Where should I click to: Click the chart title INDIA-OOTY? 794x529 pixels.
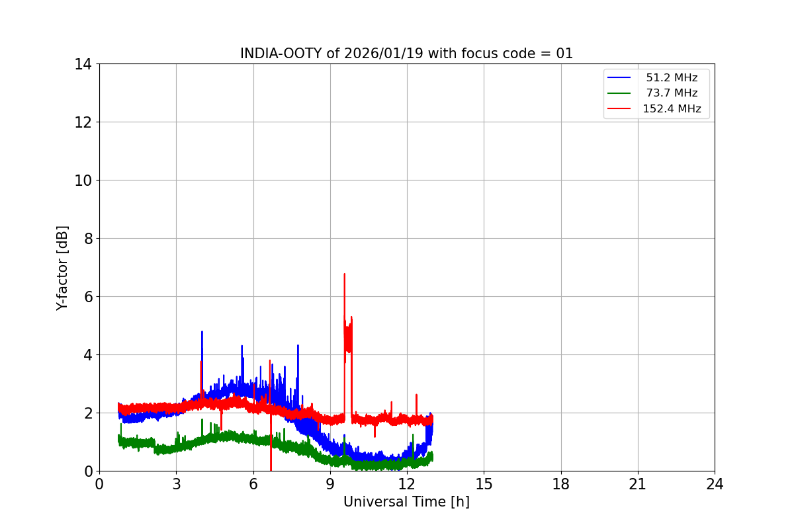click(406, 54)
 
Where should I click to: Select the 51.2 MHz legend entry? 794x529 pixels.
click(672, 78)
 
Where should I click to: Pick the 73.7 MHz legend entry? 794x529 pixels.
click(672, 93)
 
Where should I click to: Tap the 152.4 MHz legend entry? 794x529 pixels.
click(672, 108)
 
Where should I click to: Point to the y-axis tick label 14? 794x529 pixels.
click(83, 64)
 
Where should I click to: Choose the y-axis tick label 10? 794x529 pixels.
click(83, 181)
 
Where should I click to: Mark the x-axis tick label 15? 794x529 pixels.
click(484, 484)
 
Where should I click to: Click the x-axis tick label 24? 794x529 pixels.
click(715, 484)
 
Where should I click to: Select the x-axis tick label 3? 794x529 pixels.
click(176, 484)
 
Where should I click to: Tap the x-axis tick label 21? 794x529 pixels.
click(638, 484)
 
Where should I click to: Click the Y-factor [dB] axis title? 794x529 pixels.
click(62, 268)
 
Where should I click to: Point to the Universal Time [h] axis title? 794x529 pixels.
click(406, 502)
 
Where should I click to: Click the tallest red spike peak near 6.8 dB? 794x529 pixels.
click(344, 274)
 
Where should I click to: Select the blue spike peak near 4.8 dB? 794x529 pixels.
click(202, 332)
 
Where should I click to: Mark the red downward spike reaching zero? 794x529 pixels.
click(271, 468)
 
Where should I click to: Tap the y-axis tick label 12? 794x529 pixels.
click(83, 122)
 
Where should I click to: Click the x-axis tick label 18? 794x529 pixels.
click(561, 484)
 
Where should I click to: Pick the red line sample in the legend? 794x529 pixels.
click(619, 108)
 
